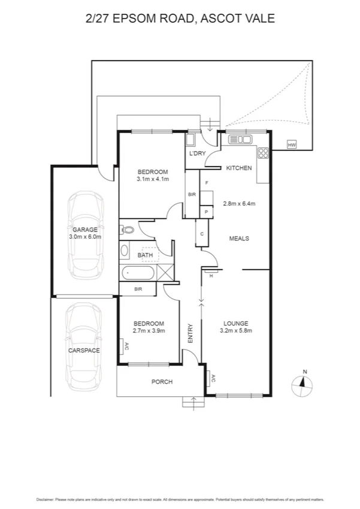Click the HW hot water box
(x=292, y=145)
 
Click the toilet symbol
(x=127, y=229)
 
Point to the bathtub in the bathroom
(x=138, y=274)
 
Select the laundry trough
(x=190, y=141)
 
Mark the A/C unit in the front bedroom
(x=122, y=347)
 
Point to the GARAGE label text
(x=85, y=230)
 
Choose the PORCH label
(x=162, y=381)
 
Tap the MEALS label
(x=239, y=239)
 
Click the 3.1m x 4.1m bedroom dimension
(x=153, y=179)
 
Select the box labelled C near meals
(x=202, y=234)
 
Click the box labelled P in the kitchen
(x=206, y=212)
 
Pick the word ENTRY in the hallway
(x=190, y=333)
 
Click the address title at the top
(x=180, y=19)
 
